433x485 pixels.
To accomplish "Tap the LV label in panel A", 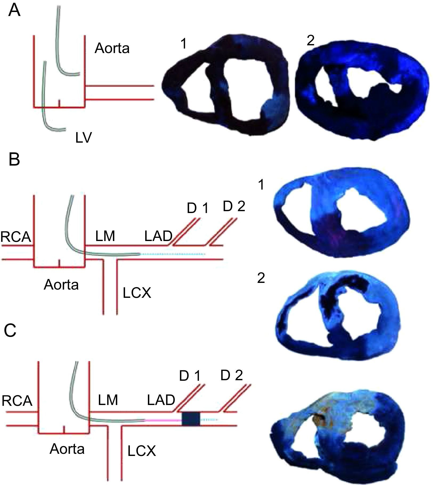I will tap(83, 138).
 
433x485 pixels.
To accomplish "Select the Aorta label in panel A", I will tap(112, 49).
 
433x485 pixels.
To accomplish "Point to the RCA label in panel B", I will tap(16, 237).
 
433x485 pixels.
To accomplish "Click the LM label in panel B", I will tap(105, 236).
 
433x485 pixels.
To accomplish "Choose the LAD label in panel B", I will tap(158, 236).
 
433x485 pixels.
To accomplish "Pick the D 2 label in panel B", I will tap(234, 207).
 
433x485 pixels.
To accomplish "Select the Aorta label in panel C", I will tap(67, 449).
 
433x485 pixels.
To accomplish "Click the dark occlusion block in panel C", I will tap(191, 419).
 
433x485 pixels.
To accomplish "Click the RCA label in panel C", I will tap(17, 401).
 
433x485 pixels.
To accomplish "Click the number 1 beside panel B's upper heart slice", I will tap(261, 185).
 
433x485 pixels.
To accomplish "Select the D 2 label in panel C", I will tap(232, 375).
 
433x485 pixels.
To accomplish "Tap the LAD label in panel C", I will tap(161, 400).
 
